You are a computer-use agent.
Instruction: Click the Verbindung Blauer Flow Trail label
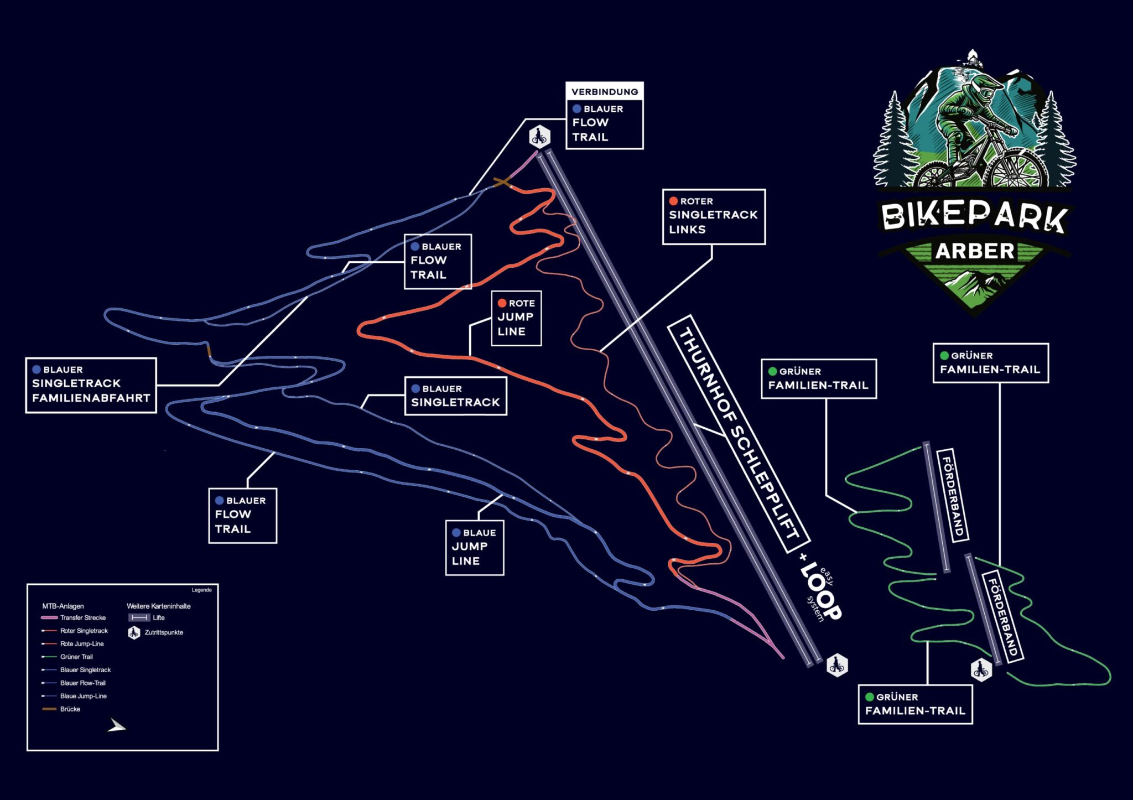coord(604,116)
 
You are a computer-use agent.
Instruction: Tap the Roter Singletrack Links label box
coord(714,217)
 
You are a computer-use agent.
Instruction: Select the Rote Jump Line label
coord(516,318)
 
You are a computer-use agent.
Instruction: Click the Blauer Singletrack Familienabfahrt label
coord(91,385)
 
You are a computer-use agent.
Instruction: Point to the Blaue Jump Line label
coord(475,547)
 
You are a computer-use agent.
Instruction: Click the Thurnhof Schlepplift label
coord(739,434)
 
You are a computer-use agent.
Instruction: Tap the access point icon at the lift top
coord(539,136)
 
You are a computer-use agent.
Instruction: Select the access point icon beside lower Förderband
coord(981,670)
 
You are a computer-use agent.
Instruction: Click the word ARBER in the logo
coord(975,251)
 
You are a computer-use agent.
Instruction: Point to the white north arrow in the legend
coord(116,725)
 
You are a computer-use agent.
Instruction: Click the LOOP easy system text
coord(820,591)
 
